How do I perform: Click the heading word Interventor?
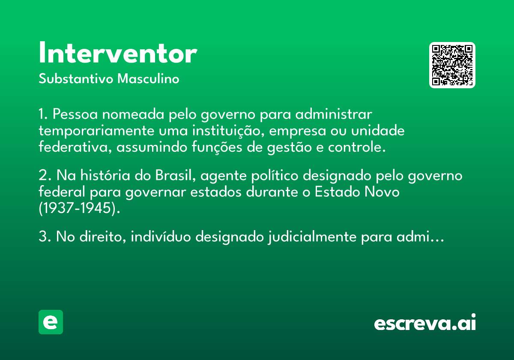click(x=118, y=52)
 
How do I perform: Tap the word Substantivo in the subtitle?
click(x=76, y=78)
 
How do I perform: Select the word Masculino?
click(x=148, y=78)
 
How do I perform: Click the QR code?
click(x=452, y=65)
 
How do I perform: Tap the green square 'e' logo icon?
click(x=51, y=322)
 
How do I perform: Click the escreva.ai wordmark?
click(x=425, y=322)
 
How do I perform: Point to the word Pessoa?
click(x=75, y=114)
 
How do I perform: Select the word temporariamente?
click(x=96, y=131)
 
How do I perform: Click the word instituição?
click(x=228, y=131)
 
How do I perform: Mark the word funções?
click(x=217, y=147)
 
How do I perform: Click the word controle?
click(x=357, y=147)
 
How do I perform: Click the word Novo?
click(x=382, y=192)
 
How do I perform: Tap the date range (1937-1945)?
click(x=79, y=208)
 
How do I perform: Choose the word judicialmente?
click(x=312, y=237)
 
